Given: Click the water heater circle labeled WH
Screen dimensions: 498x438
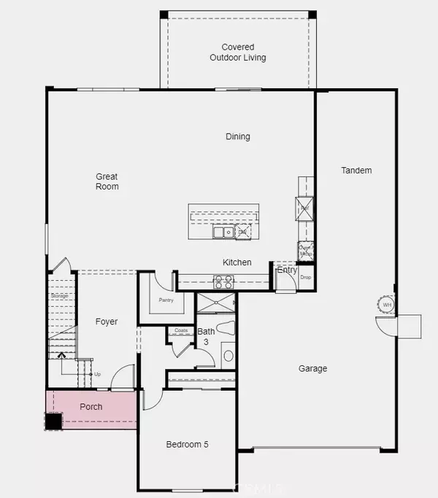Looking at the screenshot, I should click(x=387, y=303).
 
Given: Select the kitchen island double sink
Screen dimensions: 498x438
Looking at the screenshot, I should click(x=223, y=233).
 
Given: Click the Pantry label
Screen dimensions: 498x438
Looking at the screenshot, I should click(x=166, y=300).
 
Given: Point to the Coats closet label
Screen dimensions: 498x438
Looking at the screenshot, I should click(x=182, y=330).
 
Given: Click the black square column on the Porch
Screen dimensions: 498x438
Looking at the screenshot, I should click(x=53, y=421).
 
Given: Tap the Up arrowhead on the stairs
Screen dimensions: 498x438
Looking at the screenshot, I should click(x=61, y=356).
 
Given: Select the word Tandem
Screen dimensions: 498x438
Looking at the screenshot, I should click(x=356, y=171).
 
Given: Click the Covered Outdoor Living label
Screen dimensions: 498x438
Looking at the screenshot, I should click(x=238, y=52).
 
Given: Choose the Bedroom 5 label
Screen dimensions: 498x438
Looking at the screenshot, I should click(x=188, y=444).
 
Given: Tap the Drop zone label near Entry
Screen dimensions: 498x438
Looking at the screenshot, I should click(x=305, y=278).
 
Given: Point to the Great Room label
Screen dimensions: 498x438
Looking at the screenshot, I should click(x=107, y=182).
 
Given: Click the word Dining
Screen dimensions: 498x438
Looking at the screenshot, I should click(x=238, y=136).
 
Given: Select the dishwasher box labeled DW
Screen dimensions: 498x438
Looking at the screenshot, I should click(x=241, y=233).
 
